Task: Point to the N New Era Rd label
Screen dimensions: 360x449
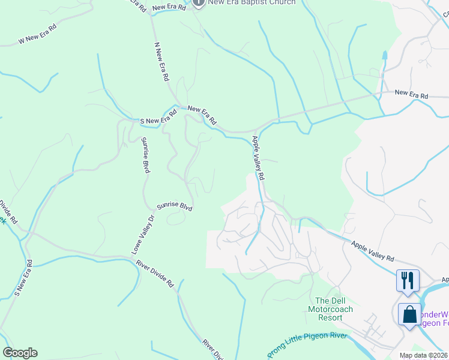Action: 161,62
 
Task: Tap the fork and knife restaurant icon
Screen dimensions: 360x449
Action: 408,280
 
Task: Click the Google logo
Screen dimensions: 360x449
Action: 20,353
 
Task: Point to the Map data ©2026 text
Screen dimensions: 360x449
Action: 423,355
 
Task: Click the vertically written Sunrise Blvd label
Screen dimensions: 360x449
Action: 145,155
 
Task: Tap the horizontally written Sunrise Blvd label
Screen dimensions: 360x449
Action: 175,206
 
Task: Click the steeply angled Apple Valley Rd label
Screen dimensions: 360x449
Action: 258,158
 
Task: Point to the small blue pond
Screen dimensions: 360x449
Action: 384,55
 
